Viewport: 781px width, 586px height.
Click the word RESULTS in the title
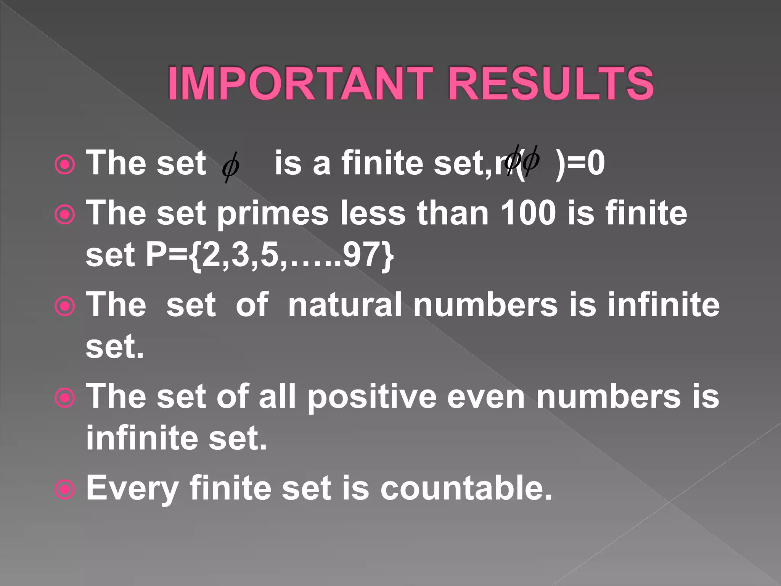pos(551,83)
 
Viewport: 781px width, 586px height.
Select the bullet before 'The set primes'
pos(65,215)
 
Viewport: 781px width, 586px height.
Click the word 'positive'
pos(372,397)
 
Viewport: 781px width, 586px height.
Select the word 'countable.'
pos(466,488)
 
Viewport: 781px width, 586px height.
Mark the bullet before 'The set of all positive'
pos(65,398)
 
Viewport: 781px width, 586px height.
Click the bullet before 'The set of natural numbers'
pos(65,306)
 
